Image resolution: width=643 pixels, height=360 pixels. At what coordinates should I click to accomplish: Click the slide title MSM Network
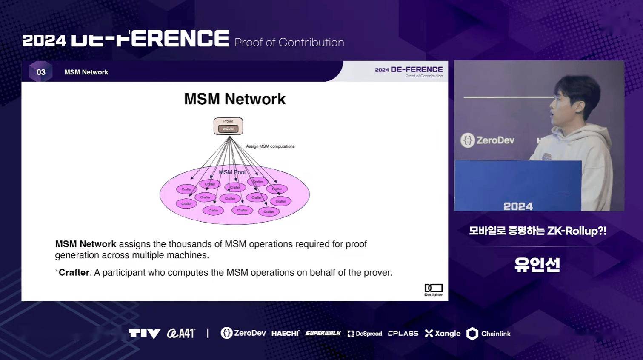(234, 99)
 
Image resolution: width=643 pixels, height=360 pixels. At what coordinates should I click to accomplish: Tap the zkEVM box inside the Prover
(228, 129)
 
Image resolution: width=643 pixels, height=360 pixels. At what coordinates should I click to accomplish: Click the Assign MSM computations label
(270, 146)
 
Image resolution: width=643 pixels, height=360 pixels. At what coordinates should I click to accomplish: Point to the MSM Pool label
(232, 172)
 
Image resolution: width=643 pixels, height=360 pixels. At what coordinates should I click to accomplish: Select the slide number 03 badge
(41, 72)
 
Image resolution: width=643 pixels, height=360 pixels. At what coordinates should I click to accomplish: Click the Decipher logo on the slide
(433, 290)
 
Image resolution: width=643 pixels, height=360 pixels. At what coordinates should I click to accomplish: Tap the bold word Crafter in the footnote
(74, 273)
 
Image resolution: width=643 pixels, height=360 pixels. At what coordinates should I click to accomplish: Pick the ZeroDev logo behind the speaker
(488, 140)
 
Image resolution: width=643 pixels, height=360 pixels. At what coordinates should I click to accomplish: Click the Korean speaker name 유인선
(537, 265)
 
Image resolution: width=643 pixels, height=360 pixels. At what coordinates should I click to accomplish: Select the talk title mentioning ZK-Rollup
(537, 231)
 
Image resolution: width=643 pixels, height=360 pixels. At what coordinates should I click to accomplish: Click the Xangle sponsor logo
(443, 334)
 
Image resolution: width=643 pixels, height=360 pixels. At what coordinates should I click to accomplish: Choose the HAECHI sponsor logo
(285, 334)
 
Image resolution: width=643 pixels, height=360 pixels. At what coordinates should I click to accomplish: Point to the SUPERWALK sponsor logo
(323, 334)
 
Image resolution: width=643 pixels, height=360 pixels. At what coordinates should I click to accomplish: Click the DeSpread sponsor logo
(365, 334)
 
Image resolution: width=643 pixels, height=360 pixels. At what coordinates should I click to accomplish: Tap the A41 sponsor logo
(181, 333)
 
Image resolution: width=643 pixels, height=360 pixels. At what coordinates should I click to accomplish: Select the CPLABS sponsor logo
(403, 334)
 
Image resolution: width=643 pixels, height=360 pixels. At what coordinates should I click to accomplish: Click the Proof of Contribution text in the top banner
(289, 43)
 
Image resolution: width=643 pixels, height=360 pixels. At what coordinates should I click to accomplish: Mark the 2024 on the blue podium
(518, 206)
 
